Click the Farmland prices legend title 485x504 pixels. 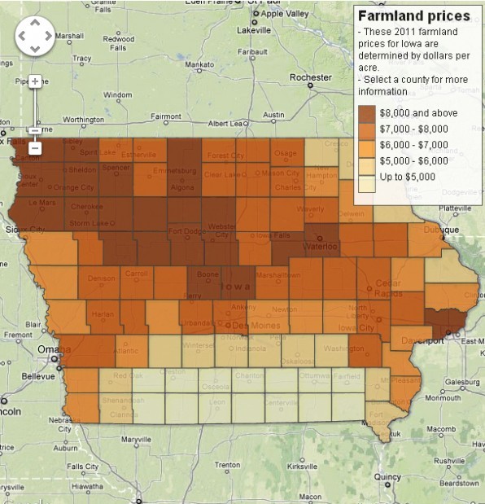(413, 15)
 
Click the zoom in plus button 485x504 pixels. (34, 81)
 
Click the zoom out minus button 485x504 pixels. (34, 148)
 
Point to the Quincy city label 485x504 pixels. (388, 477)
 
